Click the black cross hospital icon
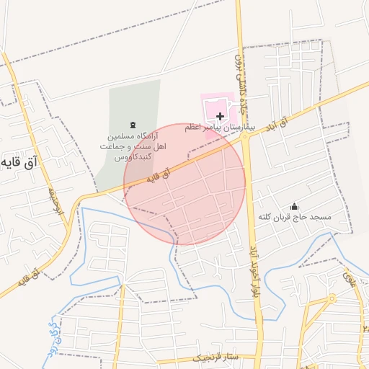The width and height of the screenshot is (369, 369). pyautogui.click(x=220, y=116)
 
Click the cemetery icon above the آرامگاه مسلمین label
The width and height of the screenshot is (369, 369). pyautogui.click(x=131, y=125)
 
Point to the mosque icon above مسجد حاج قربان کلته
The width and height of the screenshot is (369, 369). pyautogui.click(x=293, y=207)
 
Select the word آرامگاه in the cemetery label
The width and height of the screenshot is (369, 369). pyautogui.click(x=153, y=135)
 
